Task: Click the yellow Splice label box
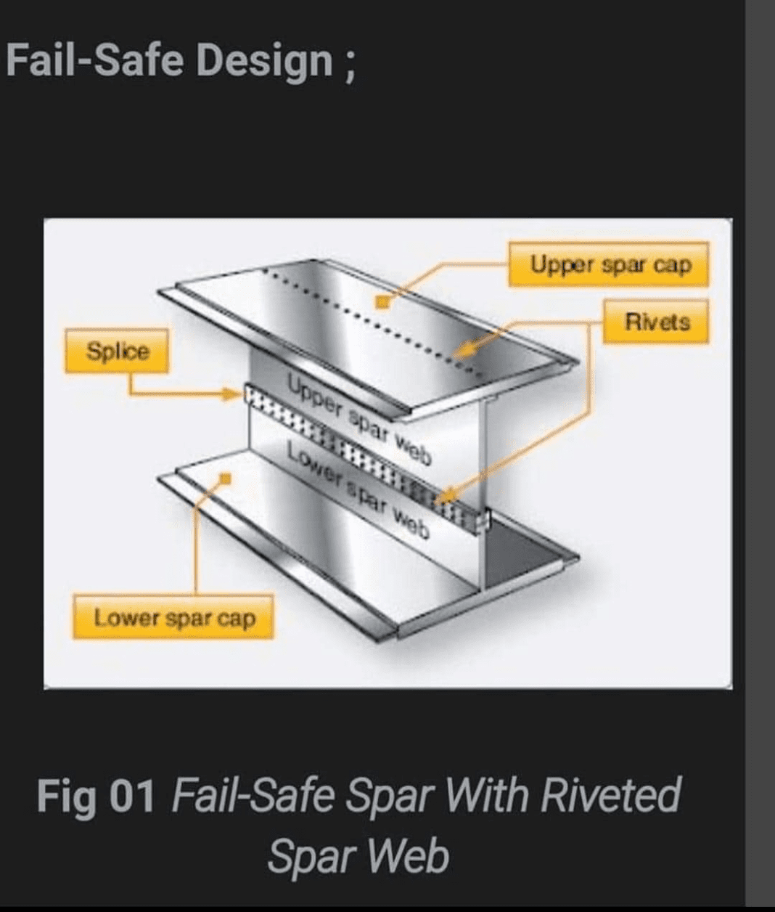coord(117,351)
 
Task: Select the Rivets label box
coord(656,322)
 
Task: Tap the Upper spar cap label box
coord(609,264)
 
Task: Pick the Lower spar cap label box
coord(173,617)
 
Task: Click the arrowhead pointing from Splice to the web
coord(232,394)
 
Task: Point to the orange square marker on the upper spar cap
coord(382,302)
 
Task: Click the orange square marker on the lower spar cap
coord(225,479)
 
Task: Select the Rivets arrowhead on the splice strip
coord(446,495)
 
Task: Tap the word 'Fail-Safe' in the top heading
coord(94,60)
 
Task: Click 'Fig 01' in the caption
coord(96,796)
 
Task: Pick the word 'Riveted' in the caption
coord(610,795)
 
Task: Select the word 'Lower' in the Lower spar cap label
coord(126,617)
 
